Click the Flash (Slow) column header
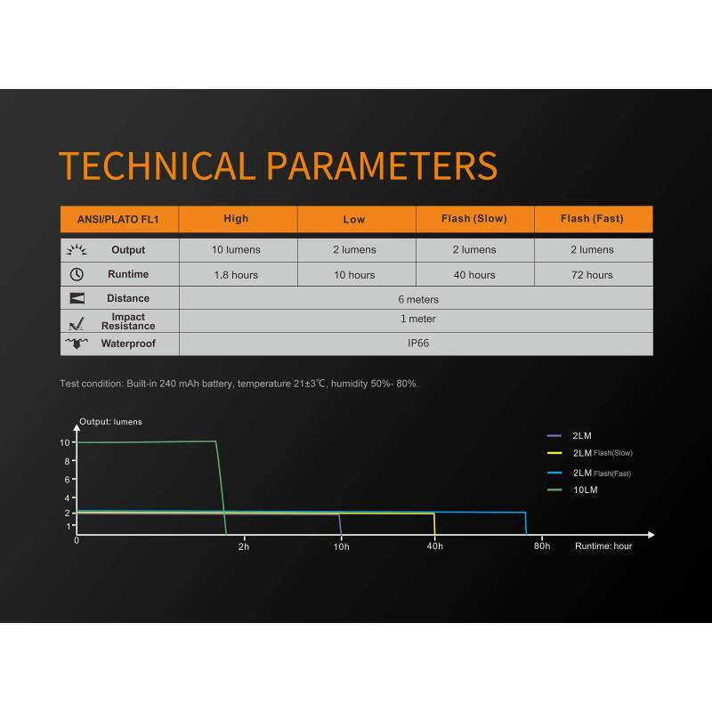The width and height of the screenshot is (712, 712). click(x=474, y=219)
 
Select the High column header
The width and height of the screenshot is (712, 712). click(x=236, y=219)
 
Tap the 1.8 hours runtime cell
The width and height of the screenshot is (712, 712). click(x=236, y=275)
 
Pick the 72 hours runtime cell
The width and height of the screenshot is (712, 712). click(x=592, y=275)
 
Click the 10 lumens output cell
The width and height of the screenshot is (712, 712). click(x=236, y=250)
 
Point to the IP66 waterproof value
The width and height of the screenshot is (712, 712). click(x=418, y=344)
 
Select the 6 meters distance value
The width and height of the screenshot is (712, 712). click(x=418, y=299)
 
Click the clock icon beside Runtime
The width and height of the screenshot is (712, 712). click(x=77, y=274)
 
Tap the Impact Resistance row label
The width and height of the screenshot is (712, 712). click(x=128, y=321)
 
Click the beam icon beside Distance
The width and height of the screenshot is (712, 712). click(x=77, y=298)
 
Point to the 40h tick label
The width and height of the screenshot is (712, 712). click(x=434, y=546)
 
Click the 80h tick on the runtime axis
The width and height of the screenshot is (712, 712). click(x=542, y=538)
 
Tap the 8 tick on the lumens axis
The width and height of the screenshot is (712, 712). click(x=68, y=461)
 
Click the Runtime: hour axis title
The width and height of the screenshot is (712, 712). click(x=603, y=546)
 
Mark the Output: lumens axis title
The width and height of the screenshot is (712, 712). click(x=110, y=422)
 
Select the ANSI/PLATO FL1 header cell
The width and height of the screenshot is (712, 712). click(x=118, y=219)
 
